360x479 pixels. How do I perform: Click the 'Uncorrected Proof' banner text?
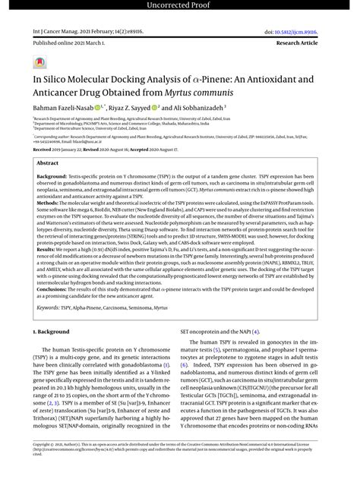pos(180,6)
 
